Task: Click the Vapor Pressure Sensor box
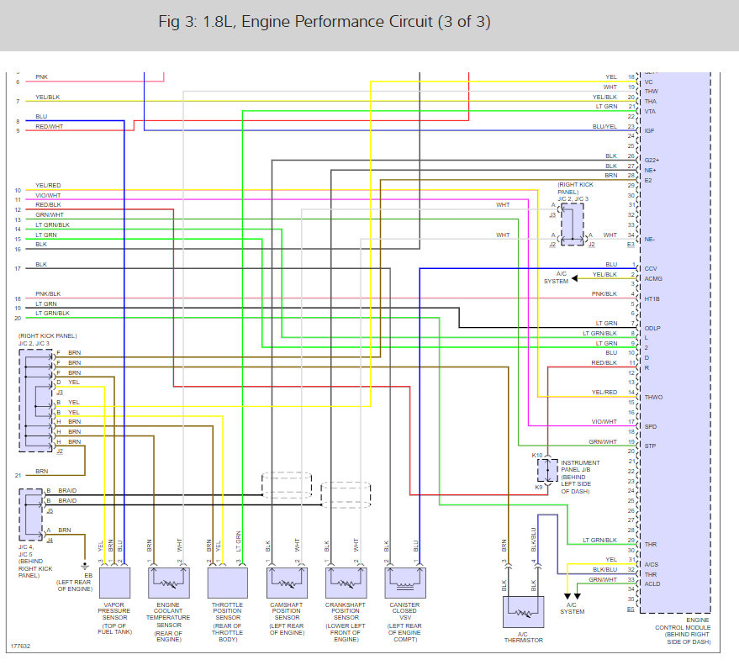click(113, 581)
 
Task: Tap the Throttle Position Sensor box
click(227, 581)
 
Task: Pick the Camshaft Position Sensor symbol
click(287, 581)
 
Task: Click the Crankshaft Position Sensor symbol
click(346, 581)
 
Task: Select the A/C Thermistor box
click(522, 611)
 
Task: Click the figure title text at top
click(325, 22)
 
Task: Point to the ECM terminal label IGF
click(649, 130)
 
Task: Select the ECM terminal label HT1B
click(652, 298)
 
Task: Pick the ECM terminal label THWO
click(653, 397)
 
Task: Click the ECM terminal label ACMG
click(653, 279)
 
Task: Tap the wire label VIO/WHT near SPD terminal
click(604, 422)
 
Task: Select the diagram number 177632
click(20, 647)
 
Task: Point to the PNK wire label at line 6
click(41, 77)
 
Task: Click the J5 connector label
click(50, 510)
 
